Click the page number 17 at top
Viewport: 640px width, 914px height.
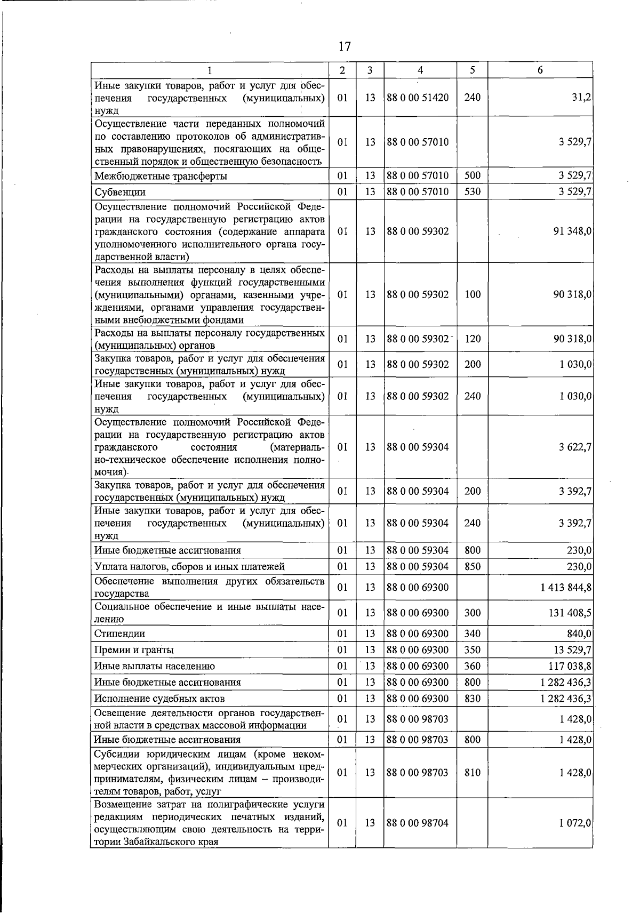pos(345,46)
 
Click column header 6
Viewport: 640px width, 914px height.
pos(540,70)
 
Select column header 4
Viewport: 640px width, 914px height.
pos(420,70)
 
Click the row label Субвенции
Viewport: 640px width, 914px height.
pos(120,192)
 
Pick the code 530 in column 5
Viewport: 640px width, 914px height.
pos(473,191)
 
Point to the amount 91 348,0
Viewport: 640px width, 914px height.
pos(573,231)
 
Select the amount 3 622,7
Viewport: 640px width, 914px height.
pos(575,447)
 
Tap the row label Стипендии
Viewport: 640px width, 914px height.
pos(119,634)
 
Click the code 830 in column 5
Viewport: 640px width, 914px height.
pos(473,698)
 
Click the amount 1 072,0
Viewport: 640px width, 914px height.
pos(575,823)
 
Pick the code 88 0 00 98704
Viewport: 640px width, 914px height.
pos(418,823)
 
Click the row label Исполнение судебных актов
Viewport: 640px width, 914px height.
pos(159,699)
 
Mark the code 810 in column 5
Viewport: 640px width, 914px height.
pos(473,772)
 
